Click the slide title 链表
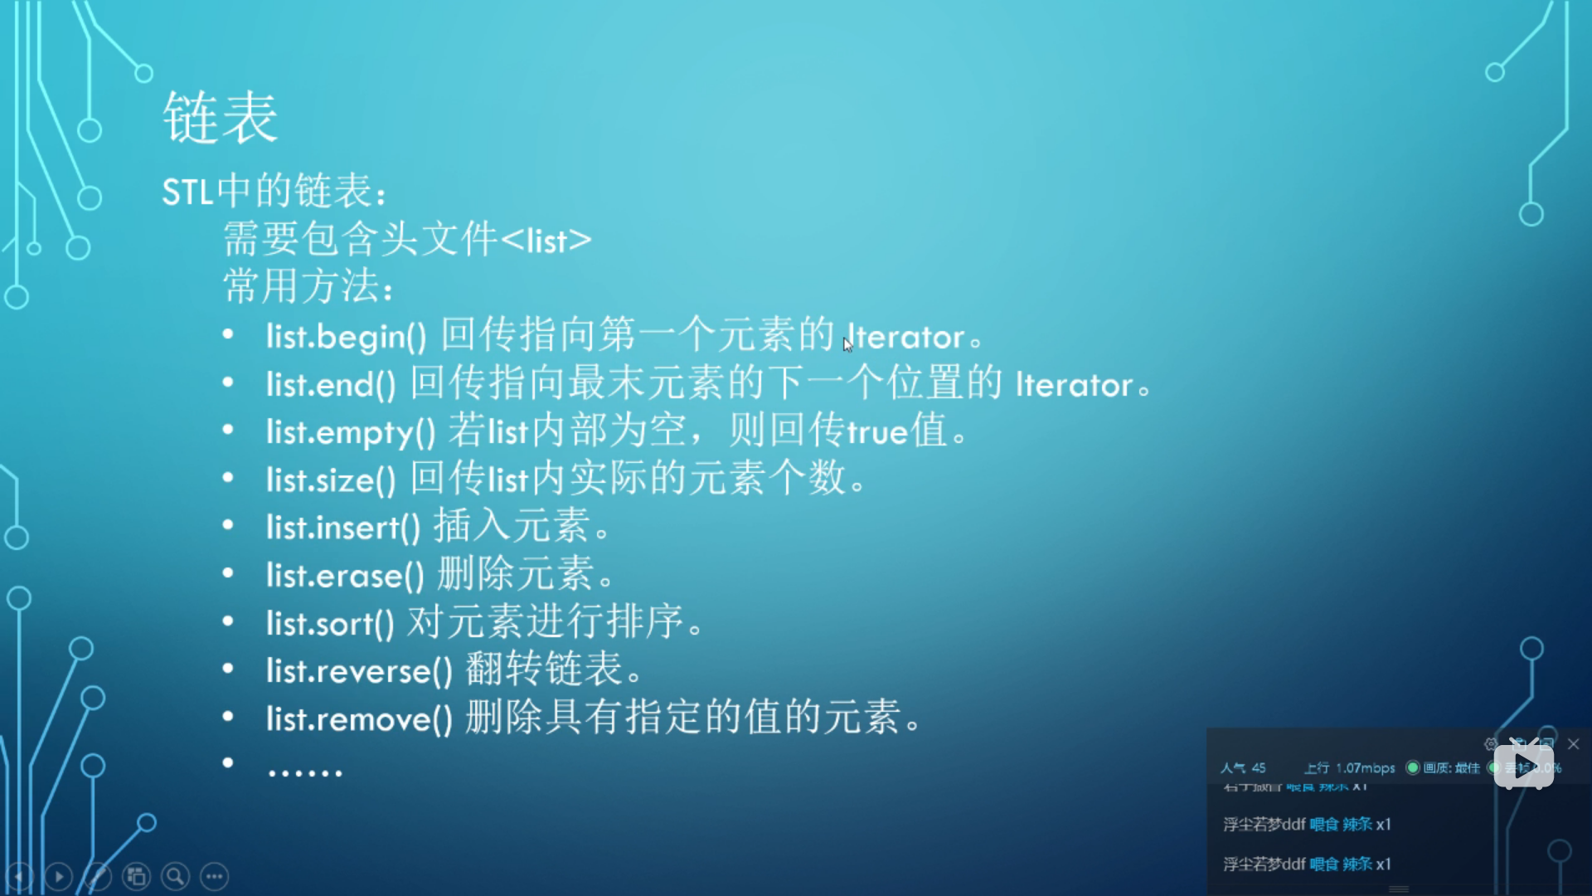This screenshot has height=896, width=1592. click(221, 118)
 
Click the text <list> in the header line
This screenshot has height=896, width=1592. click(546, 241)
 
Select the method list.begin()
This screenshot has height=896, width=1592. click(346, 337)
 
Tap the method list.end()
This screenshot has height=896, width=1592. click(331, 385)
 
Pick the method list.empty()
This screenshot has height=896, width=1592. click(350, 432)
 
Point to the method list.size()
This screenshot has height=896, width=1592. click(331, 480)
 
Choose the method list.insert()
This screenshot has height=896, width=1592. click(342, 528)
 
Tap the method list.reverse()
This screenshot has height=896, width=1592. click(359, 671)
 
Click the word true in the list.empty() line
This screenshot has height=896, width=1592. click(876, 432)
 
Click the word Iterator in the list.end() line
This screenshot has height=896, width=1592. click(1074, 385)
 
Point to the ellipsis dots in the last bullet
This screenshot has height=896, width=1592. click(304, 772)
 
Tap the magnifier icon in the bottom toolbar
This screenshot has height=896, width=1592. click(175, 876)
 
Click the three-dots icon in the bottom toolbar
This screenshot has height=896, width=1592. click(215, 876)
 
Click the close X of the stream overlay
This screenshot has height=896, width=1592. click(1573, 744)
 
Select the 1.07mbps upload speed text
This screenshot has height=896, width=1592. click(1365, 768)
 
